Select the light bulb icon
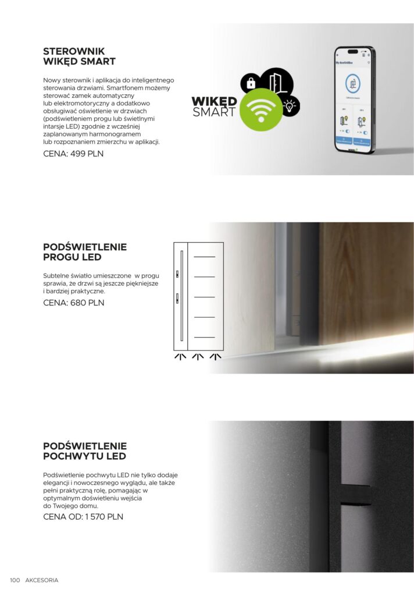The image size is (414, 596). pos(289,105)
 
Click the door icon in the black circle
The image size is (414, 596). pos(277,81)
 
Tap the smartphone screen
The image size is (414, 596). pos(354,100)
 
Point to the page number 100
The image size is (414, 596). pos(15,580)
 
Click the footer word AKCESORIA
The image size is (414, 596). pos(42,580)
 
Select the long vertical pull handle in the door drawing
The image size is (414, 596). pos(182,296)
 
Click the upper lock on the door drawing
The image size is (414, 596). pos(177,274)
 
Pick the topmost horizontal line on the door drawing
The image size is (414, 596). pos(204,257)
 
